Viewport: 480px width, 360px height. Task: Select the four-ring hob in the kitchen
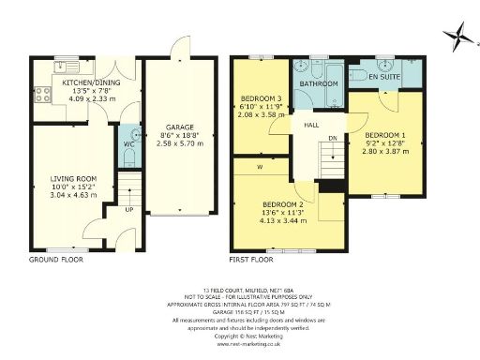40,93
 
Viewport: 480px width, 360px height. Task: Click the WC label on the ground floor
129,143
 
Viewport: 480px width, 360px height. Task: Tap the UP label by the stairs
128,208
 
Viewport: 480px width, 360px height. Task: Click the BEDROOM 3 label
261,98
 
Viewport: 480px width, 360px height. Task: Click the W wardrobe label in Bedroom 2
257,168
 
